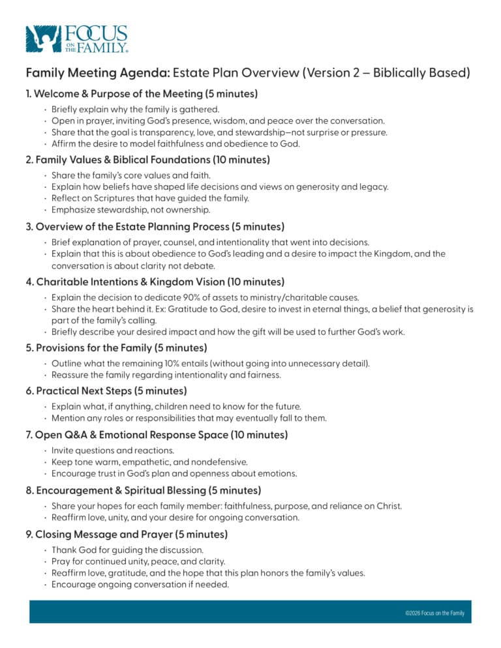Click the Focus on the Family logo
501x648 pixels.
(x=76, y=39)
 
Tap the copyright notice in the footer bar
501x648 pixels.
(x=434, y=613)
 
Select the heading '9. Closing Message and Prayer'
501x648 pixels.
(x=127, y=535)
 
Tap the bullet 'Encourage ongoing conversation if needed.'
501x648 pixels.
(x=140, y=585)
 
